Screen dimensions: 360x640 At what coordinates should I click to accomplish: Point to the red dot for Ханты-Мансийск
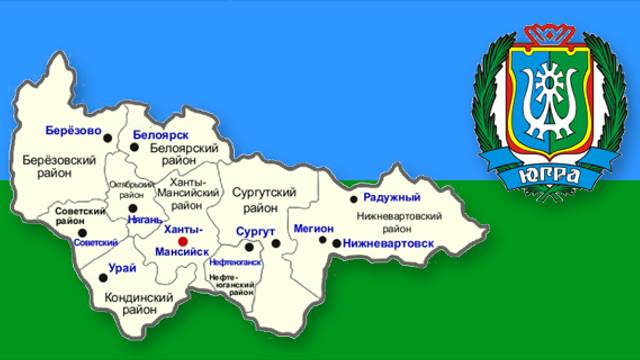182,241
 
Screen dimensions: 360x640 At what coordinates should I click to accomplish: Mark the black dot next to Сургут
274,243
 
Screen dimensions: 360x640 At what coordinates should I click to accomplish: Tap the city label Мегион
313,228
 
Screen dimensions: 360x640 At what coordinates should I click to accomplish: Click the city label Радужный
391,197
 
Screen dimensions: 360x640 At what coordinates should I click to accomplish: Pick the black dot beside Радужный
354,199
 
